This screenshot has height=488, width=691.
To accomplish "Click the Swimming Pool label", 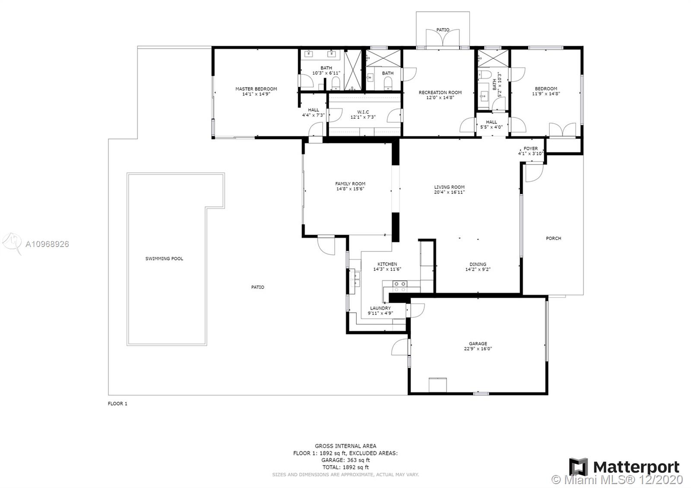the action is (164, 259).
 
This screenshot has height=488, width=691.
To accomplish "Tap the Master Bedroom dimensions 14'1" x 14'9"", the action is (256, 94).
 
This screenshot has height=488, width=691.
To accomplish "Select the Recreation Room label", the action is (440, 92).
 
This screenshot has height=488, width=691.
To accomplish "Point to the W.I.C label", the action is (363, 112).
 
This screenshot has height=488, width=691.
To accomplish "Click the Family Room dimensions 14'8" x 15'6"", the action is (350, 189).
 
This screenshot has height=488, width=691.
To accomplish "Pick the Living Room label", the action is (449, 187).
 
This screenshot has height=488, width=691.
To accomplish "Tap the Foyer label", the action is (531, 149).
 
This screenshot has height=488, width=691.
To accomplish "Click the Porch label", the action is (553, 238).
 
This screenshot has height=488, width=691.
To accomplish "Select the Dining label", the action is (478, 264).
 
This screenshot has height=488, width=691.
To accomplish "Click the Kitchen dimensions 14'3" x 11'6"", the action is (387, 269).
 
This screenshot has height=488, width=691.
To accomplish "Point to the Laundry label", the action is (380, 308).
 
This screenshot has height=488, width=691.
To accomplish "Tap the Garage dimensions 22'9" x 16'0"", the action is (478, 349).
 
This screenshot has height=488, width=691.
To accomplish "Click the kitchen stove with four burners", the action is (400, 287).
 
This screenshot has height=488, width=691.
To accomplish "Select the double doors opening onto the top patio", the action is (443, 38).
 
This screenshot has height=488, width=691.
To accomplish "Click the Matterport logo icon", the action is (578, 467).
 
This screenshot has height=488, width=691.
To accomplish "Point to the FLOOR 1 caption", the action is (117, 403).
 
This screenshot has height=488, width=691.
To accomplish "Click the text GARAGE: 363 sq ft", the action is (345, 460).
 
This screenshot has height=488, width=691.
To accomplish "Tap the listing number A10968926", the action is (47, 244).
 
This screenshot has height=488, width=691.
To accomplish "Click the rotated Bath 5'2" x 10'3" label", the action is (497, 85).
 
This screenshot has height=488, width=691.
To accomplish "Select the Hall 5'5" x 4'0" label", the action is (491, 124).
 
